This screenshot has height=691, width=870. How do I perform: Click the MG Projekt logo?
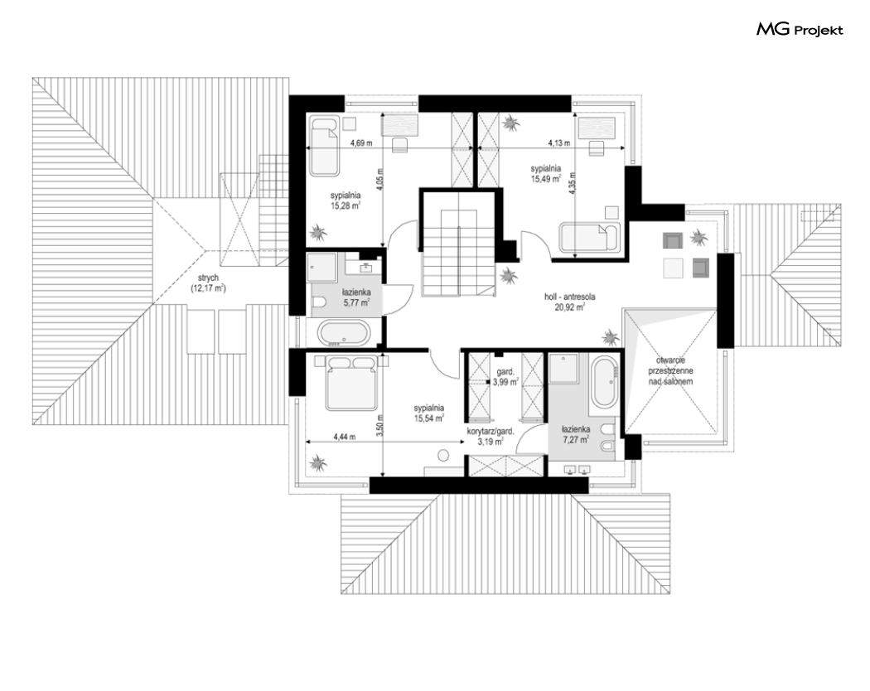tap(800, 30)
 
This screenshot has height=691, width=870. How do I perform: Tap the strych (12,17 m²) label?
tap(208, 283)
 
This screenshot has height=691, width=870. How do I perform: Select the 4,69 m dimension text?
tap(361, 143)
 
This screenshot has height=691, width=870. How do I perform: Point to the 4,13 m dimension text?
tap(558, 143)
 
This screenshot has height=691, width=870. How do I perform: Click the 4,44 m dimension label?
tap(345, 437)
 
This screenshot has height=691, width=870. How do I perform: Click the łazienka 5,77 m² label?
tap(356, 297)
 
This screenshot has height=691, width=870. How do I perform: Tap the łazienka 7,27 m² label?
tap(575, 434)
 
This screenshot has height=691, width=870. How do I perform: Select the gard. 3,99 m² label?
tap(505, 378)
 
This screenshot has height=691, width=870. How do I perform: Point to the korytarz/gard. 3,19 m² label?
tap(491, 437)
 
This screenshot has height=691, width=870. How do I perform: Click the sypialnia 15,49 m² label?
tap(545, 173)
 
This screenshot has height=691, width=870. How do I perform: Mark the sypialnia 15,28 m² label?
tap(346, 201)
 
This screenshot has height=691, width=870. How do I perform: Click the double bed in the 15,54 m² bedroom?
tap(352, 383)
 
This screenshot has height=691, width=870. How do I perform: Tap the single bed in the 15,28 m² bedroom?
tap(323, 147)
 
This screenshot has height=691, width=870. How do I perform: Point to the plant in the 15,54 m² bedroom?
tap(318, 461)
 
